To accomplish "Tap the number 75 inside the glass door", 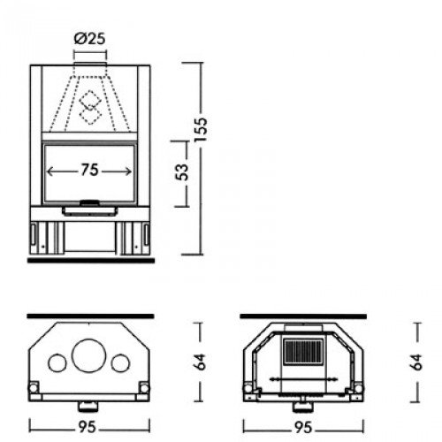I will point(89,172).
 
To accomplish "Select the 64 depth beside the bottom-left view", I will point(200,361).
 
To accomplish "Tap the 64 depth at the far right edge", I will point(417,361).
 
